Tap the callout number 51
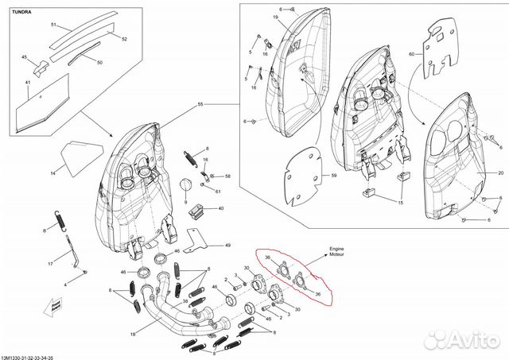pyautogui.click(x=55, y=26)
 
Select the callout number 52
pyautogui.click(x=124, y=37)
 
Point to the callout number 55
pyautogui.click(x=200, y=105)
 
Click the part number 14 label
pyautogui.click(x=53, y=172)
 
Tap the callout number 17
pyautogui.click(x=49, y=263)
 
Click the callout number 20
pyautogui.click(x=500, y=172)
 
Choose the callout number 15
pyautogui.click(x=400, y=204)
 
